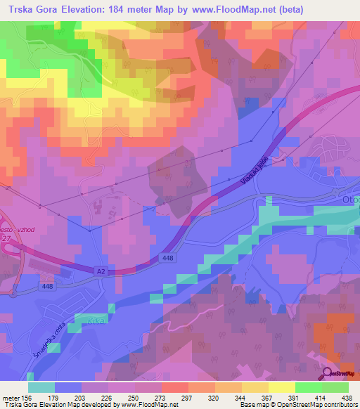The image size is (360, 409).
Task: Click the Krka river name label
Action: coord(97,320)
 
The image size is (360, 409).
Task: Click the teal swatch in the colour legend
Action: coord(41,387)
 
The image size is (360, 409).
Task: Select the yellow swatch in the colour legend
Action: coord(281,387)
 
